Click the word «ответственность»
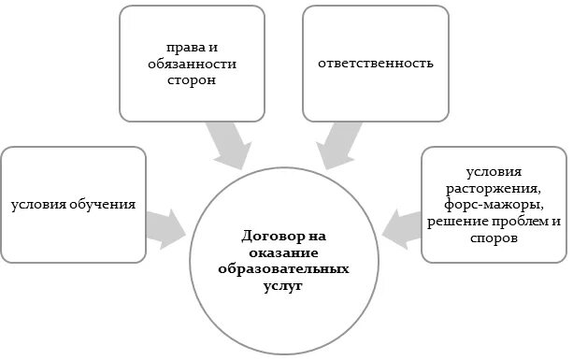pyautogui.click(x=375, y=65)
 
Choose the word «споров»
pyautogui.click(x=494, y=238)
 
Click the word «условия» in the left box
pyautogui.click(x=40, y=203)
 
